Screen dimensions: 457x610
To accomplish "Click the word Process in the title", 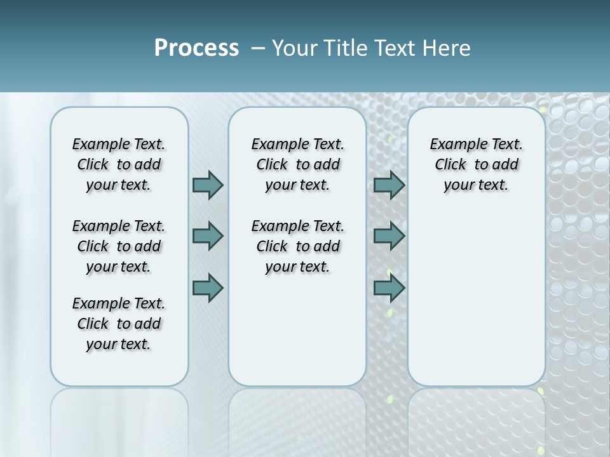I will coord(196,48).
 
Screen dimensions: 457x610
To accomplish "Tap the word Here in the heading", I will coord(446,48).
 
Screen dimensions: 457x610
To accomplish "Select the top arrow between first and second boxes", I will coord(208,185).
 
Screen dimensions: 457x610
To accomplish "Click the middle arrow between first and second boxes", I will coord(208,236).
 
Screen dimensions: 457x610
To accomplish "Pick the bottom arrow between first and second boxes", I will coord(208,288).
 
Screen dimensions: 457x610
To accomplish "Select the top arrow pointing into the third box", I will coord(389,185).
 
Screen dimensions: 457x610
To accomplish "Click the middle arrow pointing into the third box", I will coord(389,236).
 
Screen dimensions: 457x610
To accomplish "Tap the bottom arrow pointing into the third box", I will coord(389,288).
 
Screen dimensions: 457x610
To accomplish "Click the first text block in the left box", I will coord(119,164).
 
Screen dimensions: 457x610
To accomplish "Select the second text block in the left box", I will coord(119,246).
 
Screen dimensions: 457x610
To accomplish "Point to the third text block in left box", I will coord(119,324).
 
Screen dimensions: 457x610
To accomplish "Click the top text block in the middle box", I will coord(297,164).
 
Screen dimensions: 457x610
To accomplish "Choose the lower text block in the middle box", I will coord(297,246).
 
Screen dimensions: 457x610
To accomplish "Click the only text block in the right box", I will coord(476,164).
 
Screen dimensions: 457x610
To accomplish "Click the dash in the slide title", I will coord(258,48).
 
